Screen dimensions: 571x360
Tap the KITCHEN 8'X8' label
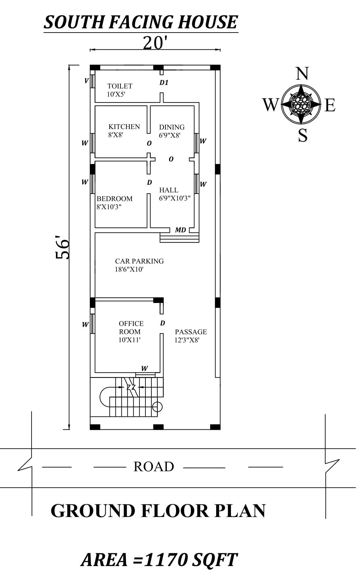(x=124, y=130)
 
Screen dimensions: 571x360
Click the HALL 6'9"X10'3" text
(x=174, y=194)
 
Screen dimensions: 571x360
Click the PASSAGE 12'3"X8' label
(x=191, y=336)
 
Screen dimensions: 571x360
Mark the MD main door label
(x=180, y=230)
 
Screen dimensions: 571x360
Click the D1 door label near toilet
(x=164, y=83)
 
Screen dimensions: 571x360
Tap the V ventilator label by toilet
(x=86, y=81)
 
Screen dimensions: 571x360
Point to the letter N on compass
(x=302, y=74)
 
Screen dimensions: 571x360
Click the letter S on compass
(x=302, y=135)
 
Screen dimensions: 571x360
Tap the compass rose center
(x=301, y=104)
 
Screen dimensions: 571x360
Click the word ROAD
(x=154, y=467)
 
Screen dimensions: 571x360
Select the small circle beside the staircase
(x=158, y=407)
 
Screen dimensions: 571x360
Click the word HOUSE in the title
(x=207, y=22)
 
